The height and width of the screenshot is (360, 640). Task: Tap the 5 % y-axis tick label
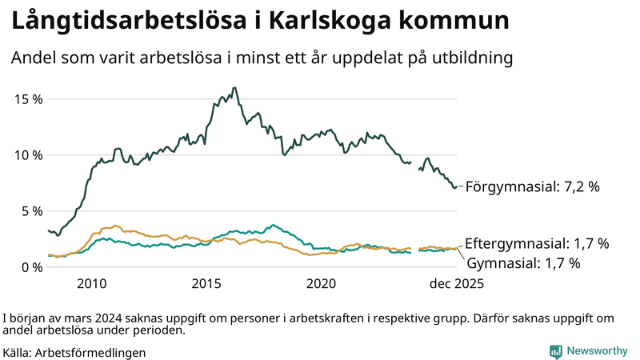[30, 211]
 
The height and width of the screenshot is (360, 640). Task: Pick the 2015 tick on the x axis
[206, 284]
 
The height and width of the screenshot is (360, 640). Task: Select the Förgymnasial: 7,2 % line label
[532, 187]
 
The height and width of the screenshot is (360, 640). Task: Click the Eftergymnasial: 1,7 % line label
[537, 243]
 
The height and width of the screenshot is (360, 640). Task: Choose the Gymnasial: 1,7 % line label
[523, 262]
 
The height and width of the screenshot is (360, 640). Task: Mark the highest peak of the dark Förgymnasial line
[234, 88]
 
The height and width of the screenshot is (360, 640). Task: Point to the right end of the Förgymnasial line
[457, 187]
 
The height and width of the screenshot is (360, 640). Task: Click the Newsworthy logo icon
[555, 351]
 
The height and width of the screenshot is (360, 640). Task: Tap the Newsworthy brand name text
[598, 351]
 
